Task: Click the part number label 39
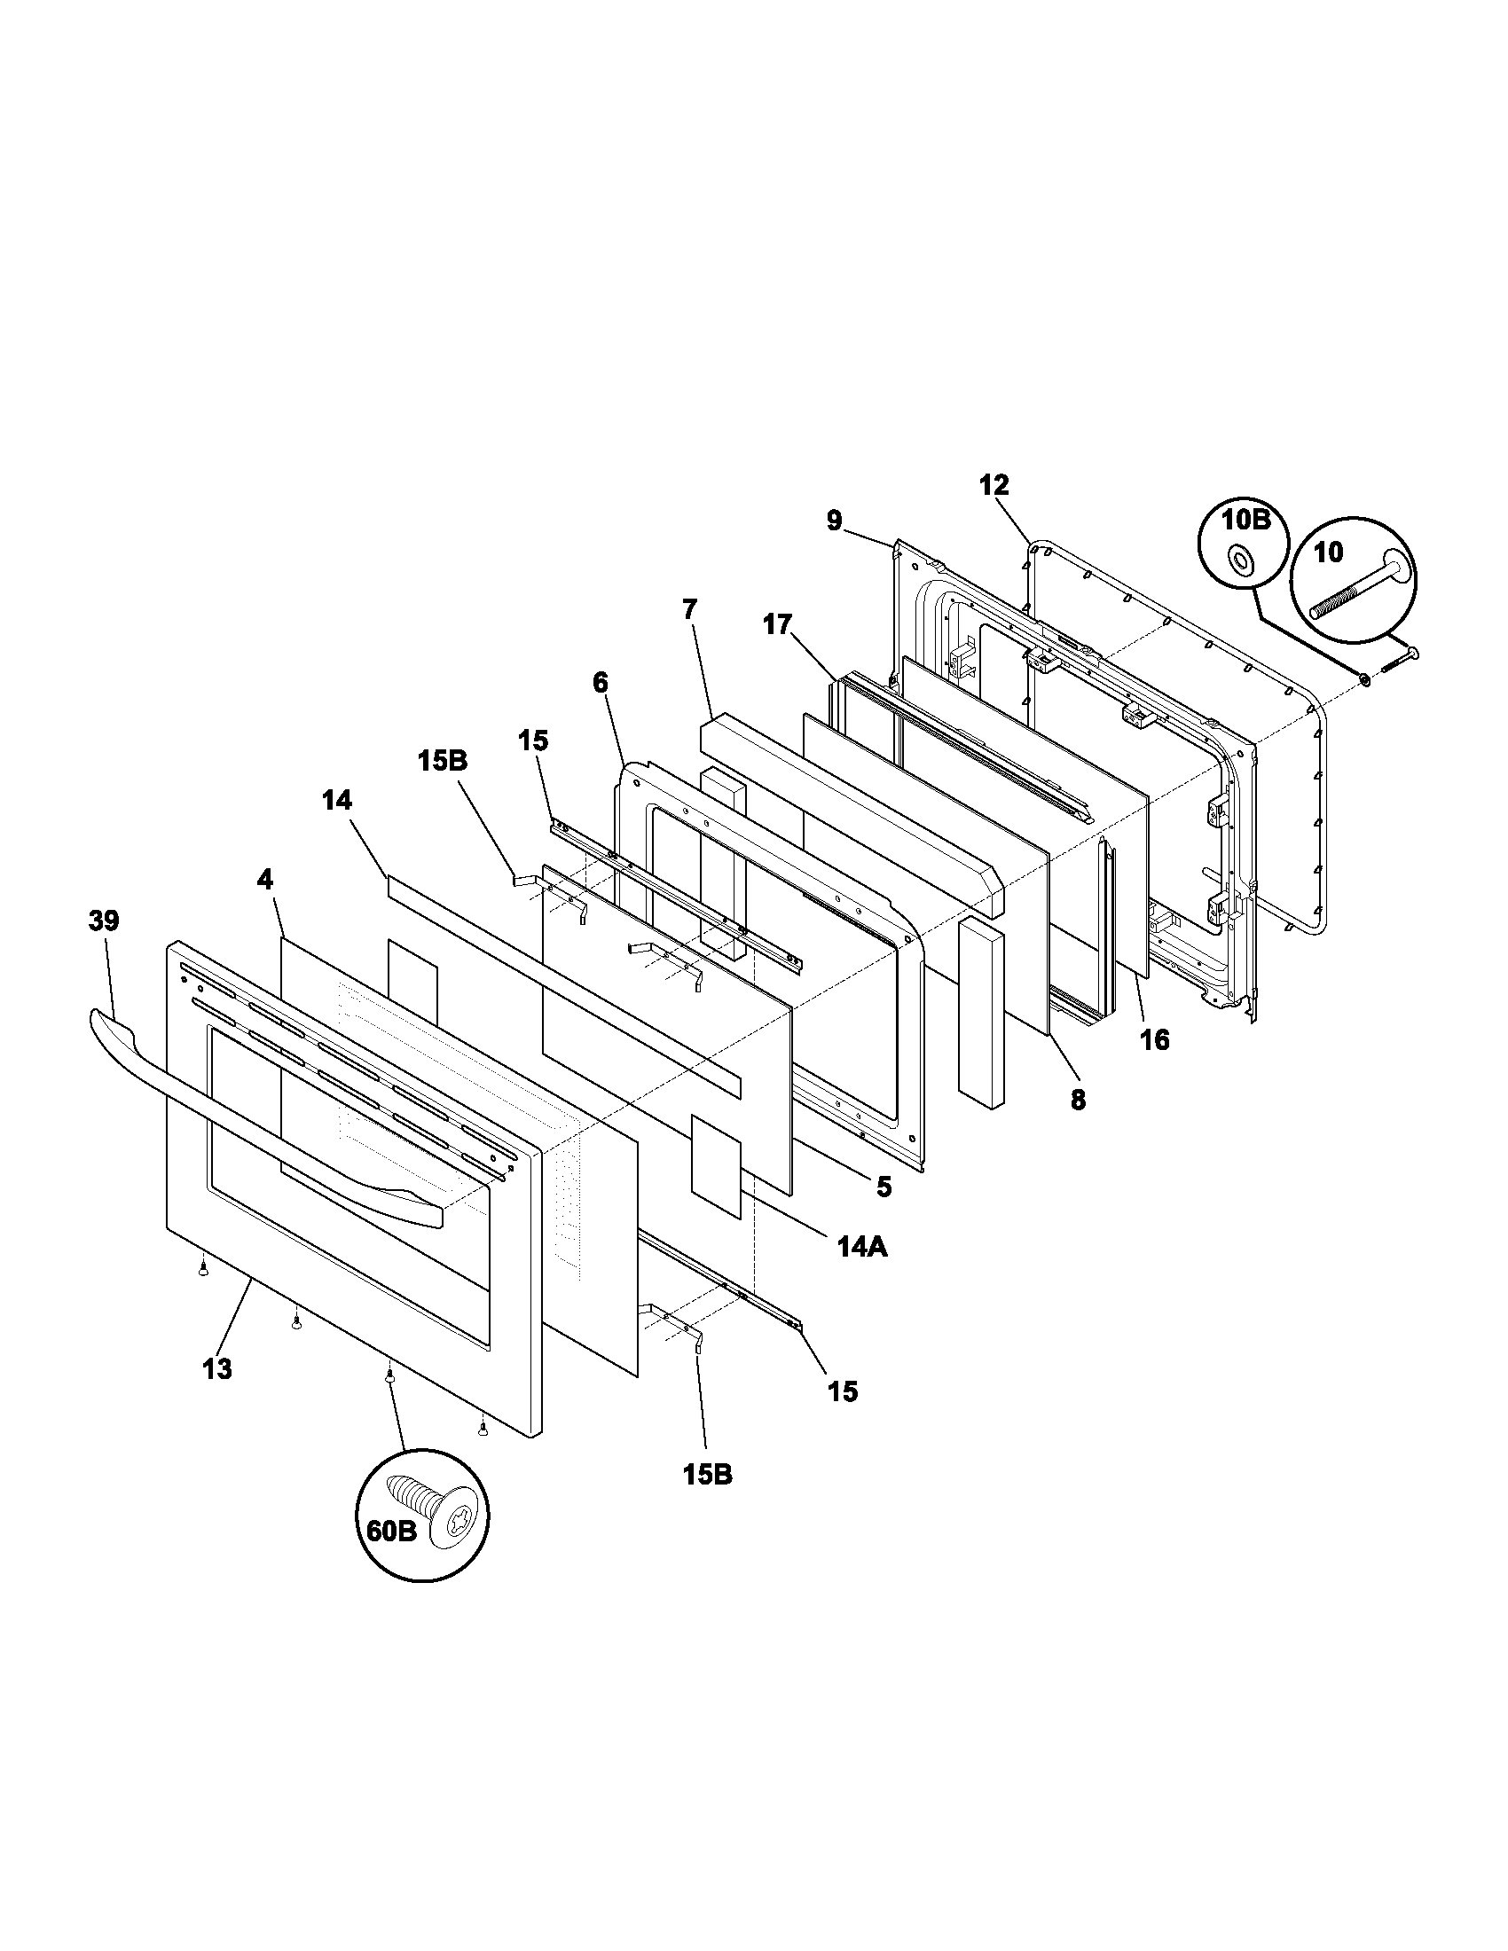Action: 104,921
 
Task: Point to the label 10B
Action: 1245,519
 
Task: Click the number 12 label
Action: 994,485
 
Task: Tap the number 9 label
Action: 834,521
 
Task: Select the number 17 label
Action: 777,624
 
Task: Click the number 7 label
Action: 688,610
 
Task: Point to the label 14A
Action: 862,1247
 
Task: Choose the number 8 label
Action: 1079,1101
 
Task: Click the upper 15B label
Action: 443,761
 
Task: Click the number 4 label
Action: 264,880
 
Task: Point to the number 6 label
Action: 600,683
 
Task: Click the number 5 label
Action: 884,1187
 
